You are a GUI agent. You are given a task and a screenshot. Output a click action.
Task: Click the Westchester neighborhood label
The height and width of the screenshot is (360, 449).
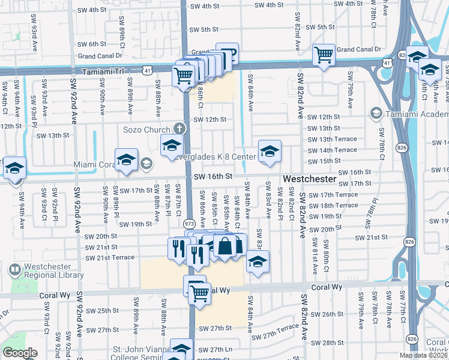click(309, 179)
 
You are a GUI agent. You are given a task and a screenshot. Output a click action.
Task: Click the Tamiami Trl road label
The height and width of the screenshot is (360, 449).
click(103, 70)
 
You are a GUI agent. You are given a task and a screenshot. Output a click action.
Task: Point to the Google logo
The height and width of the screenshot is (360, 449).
click(20, 353)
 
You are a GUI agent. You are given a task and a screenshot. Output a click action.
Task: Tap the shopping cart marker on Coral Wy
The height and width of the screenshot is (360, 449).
click(199, 293)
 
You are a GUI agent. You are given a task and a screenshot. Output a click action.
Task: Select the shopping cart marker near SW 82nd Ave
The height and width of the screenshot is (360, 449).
click(324, 55)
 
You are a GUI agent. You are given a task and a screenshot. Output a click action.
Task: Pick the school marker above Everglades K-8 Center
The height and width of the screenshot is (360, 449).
click(270, 151)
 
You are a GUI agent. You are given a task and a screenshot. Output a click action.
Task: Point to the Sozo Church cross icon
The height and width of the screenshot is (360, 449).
click(178, 128)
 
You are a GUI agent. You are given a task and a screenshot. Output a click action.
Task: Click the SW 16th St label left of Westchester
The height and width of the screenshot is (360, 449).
click(213, 176)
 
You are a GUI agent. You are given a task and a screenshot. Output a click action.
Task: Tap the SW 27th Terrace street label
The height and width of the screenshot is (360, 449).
click(275, 327)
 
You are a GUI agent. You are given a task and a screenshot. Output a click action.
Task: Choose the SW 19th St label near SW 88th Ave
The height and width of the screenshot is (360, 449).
click(136, 224)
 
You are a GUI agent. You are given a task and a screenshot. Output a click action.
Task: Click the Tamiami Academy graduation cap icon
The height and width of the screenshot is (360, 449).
click(376, 113)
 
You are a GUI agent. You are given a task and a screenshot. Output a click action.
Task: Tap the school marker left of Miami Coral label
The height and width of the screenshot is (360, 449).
click(126, 160)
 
